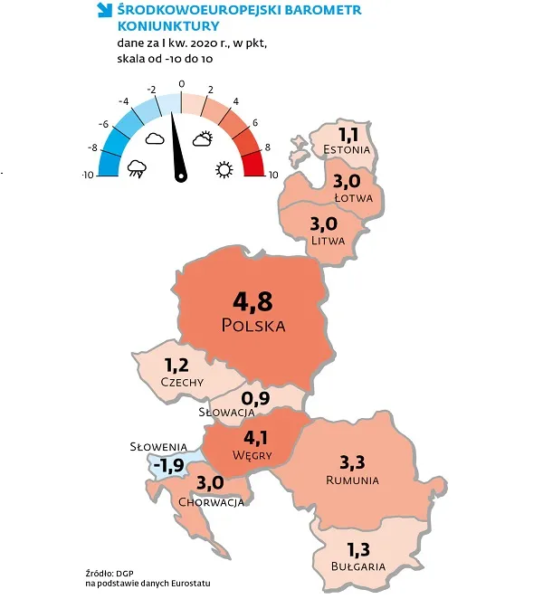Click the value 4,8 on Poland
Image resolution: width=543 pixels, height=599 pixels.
coord(252,300)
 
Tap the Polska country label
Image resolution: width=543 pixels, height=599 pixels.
coord(252,325)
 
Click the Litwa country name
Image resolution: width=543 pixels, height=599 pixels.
coord(327,239)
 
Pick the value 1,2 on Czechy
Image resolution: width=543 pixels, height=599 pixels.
coord(179,366)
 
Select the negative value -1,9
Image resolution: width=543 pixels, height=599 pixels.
coord(169,465)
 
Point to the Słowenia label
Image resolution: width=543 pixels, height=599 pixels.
coord(157,446)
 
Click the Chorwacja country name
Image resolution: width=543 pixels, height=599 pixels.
coord(212,501)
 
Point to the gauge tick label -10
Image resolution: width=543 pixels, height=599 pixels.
coord(88,174)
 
